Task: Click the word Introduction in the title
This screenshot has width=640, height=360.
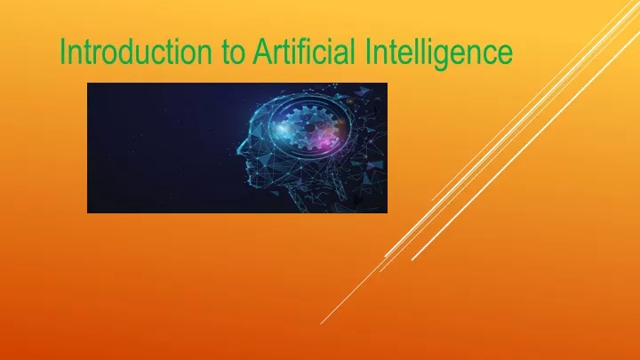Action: pyautogui.click(x=136, y=52)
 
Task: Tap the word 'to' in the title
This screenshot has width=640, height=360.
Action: pyautogui.click(x=234, y=52)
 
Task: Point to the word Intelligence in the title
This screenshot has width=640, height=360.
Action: pyautogui.click(x=439, y=53)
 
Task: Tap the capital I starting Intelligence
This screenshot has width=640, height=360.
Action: pyautogui.click(x=368, y=52)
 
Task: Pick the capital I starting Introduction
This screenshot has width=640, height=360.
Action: pyautogui.click(x=63, y=52)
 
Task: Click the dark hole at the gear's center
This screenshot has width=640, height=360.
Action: pyautogui.click(x=310, y=129)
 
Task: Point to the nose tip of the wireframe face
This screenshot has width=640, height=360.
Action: pyautogui.click(x=238, y=150)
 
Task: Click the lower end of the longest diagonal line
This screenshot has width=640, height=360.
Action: pyautogui.click(x=321, y=324)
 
